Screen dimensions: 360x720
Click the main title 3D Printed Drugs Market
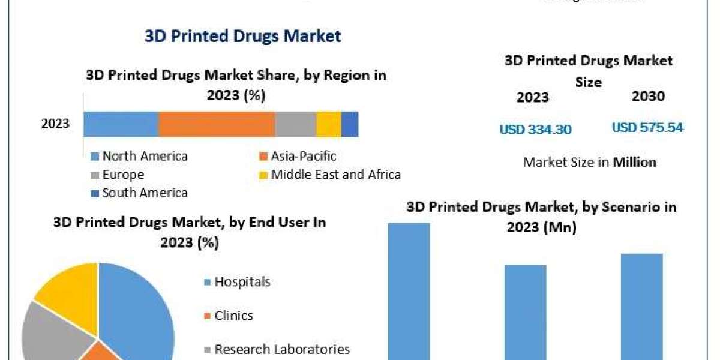click(x=242, y=36)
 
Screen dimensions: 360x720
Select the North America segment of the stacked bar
click(x=121, y=124)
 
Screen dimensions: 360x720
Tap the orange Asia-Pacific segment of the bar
click(x=217, y=124)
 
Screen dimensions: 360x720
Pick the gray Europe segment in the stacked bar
click(x=295, y=124)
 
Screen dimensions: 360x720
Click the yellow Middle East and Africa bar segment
click(x=328, y=124)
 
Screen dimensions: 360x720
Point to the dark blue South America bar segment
click(x=350, y=124)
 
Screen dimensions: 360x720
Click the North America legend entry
click(x=145, y=157)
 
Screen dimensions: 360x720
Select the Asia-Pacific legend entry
click(x=303, y=157)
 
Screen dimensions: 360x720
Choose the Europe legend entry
click(x=123, y=175)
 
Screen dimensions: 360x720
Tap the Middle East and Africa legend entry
click(x=335, y=175)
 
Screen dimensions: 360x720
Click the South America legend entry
click(x=145, y=193)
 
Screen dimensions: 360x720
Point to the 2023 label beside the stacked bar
click(x=55, y=124)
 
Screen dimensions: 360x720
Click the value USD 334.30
click(x=535, y=129)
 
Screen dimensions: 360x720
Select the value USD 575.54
click(x=647, y=128)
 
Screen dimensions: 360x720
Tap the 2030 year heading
click(x=648, y=97)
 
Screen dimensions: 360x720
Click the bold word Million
click(x=634, y=162)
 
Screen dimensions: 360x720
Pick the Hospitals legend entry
click(x=242, y=282)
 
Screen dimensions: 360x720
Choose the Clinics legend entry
click(x=234, y=316)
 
